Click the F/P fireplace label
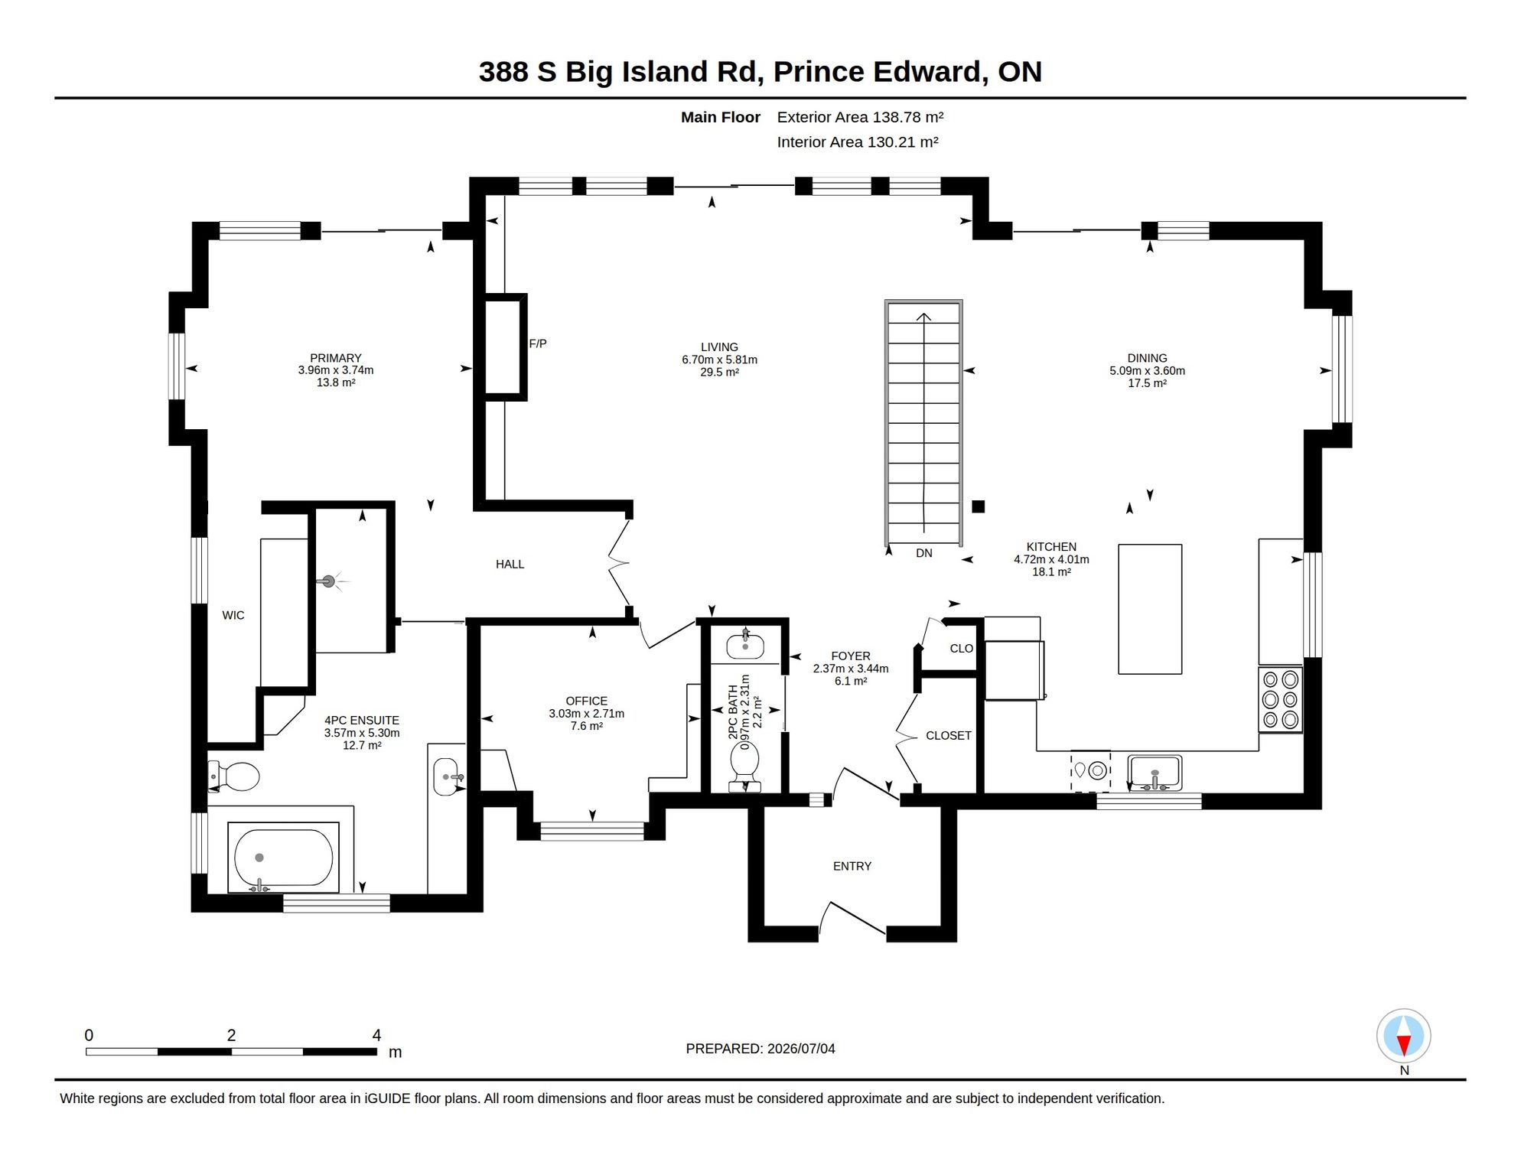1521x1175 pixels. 538,344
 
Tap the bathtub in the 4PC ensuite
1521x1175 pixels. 283,858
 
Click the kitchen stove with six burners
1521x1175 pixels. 1281,700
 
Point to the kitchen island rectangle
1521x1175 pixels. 1150,609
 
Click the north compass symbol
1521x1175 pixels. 1404,1037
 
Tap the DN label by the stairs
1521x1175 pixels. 924,553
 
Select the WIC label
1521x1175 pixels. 233,615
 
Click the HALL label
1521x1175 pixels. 510,565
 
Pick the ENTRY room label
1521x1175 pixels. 852,866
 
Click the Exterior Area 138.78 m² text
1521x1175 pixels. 860,117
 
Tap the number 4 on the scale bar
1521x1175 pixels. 376,1035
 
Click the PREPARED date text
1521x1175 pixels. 760,1049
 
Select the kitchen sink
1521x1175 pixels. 1155,773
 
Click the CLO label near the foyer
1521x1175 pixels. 962,649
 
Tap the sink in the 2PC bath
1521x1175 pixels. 745,645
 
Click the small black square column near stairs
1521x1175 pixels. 979,506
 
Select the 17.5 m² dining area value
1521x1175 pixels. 1147,383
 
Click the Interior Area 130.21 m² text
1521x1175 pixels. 858,142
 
